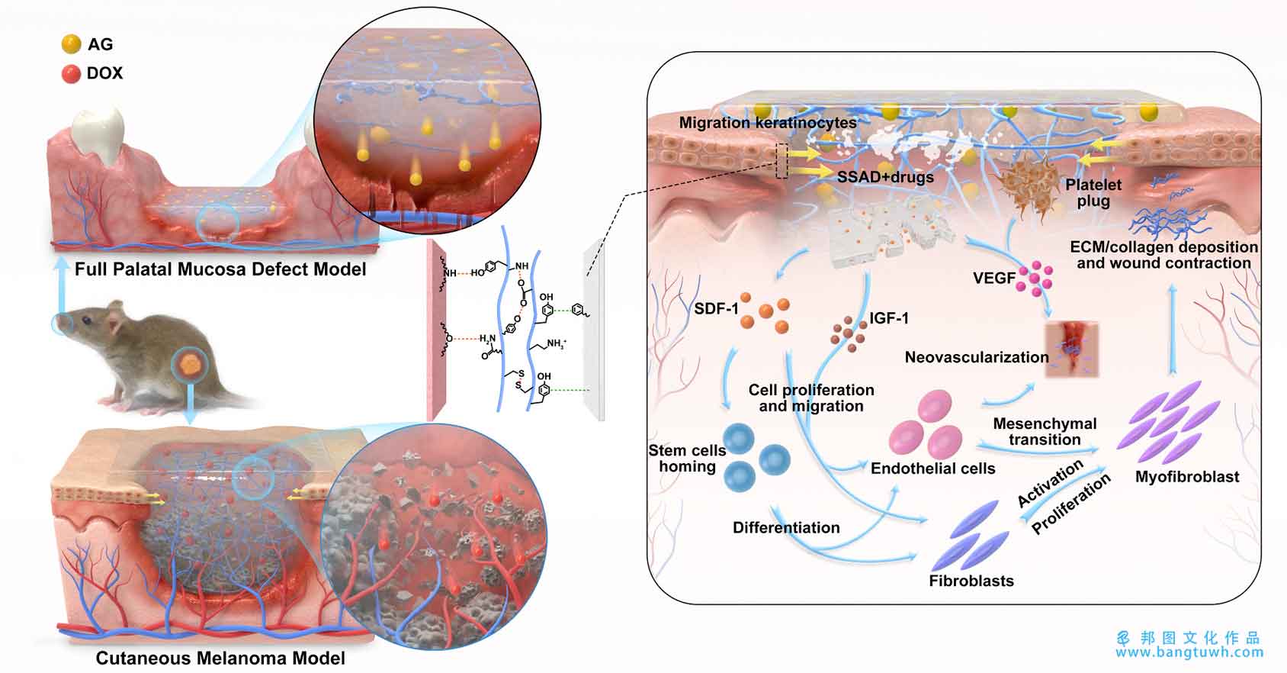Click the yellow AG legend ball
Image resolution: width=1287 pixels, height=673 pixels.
(x=71, y=44)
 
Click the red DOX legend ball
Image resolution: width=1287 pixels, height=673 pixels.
(x=71, y=73)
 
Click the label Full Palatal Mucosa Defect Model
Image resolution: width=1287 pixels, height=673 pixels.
(x=220, y=269)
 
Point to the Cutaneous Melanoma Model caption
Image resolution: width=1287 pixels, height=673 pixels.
(x=220, y=658)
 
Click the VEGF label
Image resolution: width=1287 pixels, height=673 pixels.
(x=994, y=279)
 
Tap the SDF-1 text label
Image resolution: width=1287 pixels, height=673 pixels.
(x=716, y=309)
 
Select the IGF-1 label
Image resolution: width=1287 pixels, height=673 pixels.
(x=889, y=318)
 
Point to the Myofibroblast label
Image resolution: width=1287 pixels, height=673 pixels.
(x=1187, y=477)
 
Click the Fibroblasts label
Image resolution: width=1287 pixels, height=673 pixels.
(x=971, y=581)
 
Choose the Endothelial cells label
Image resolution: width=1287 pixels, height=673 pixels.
(x=933, y=469)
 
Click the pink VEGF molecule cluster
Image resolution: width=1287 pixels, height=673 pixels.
(x=1034, y=279)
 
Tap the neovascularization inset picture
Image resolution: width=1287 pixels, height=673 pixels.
(x=1071, y=349)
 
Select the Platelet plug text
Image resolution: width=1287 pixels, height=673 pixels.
(x=1093, y=193)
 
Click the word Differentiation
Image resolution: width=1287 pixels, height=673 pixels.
(x=786, y=527)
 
